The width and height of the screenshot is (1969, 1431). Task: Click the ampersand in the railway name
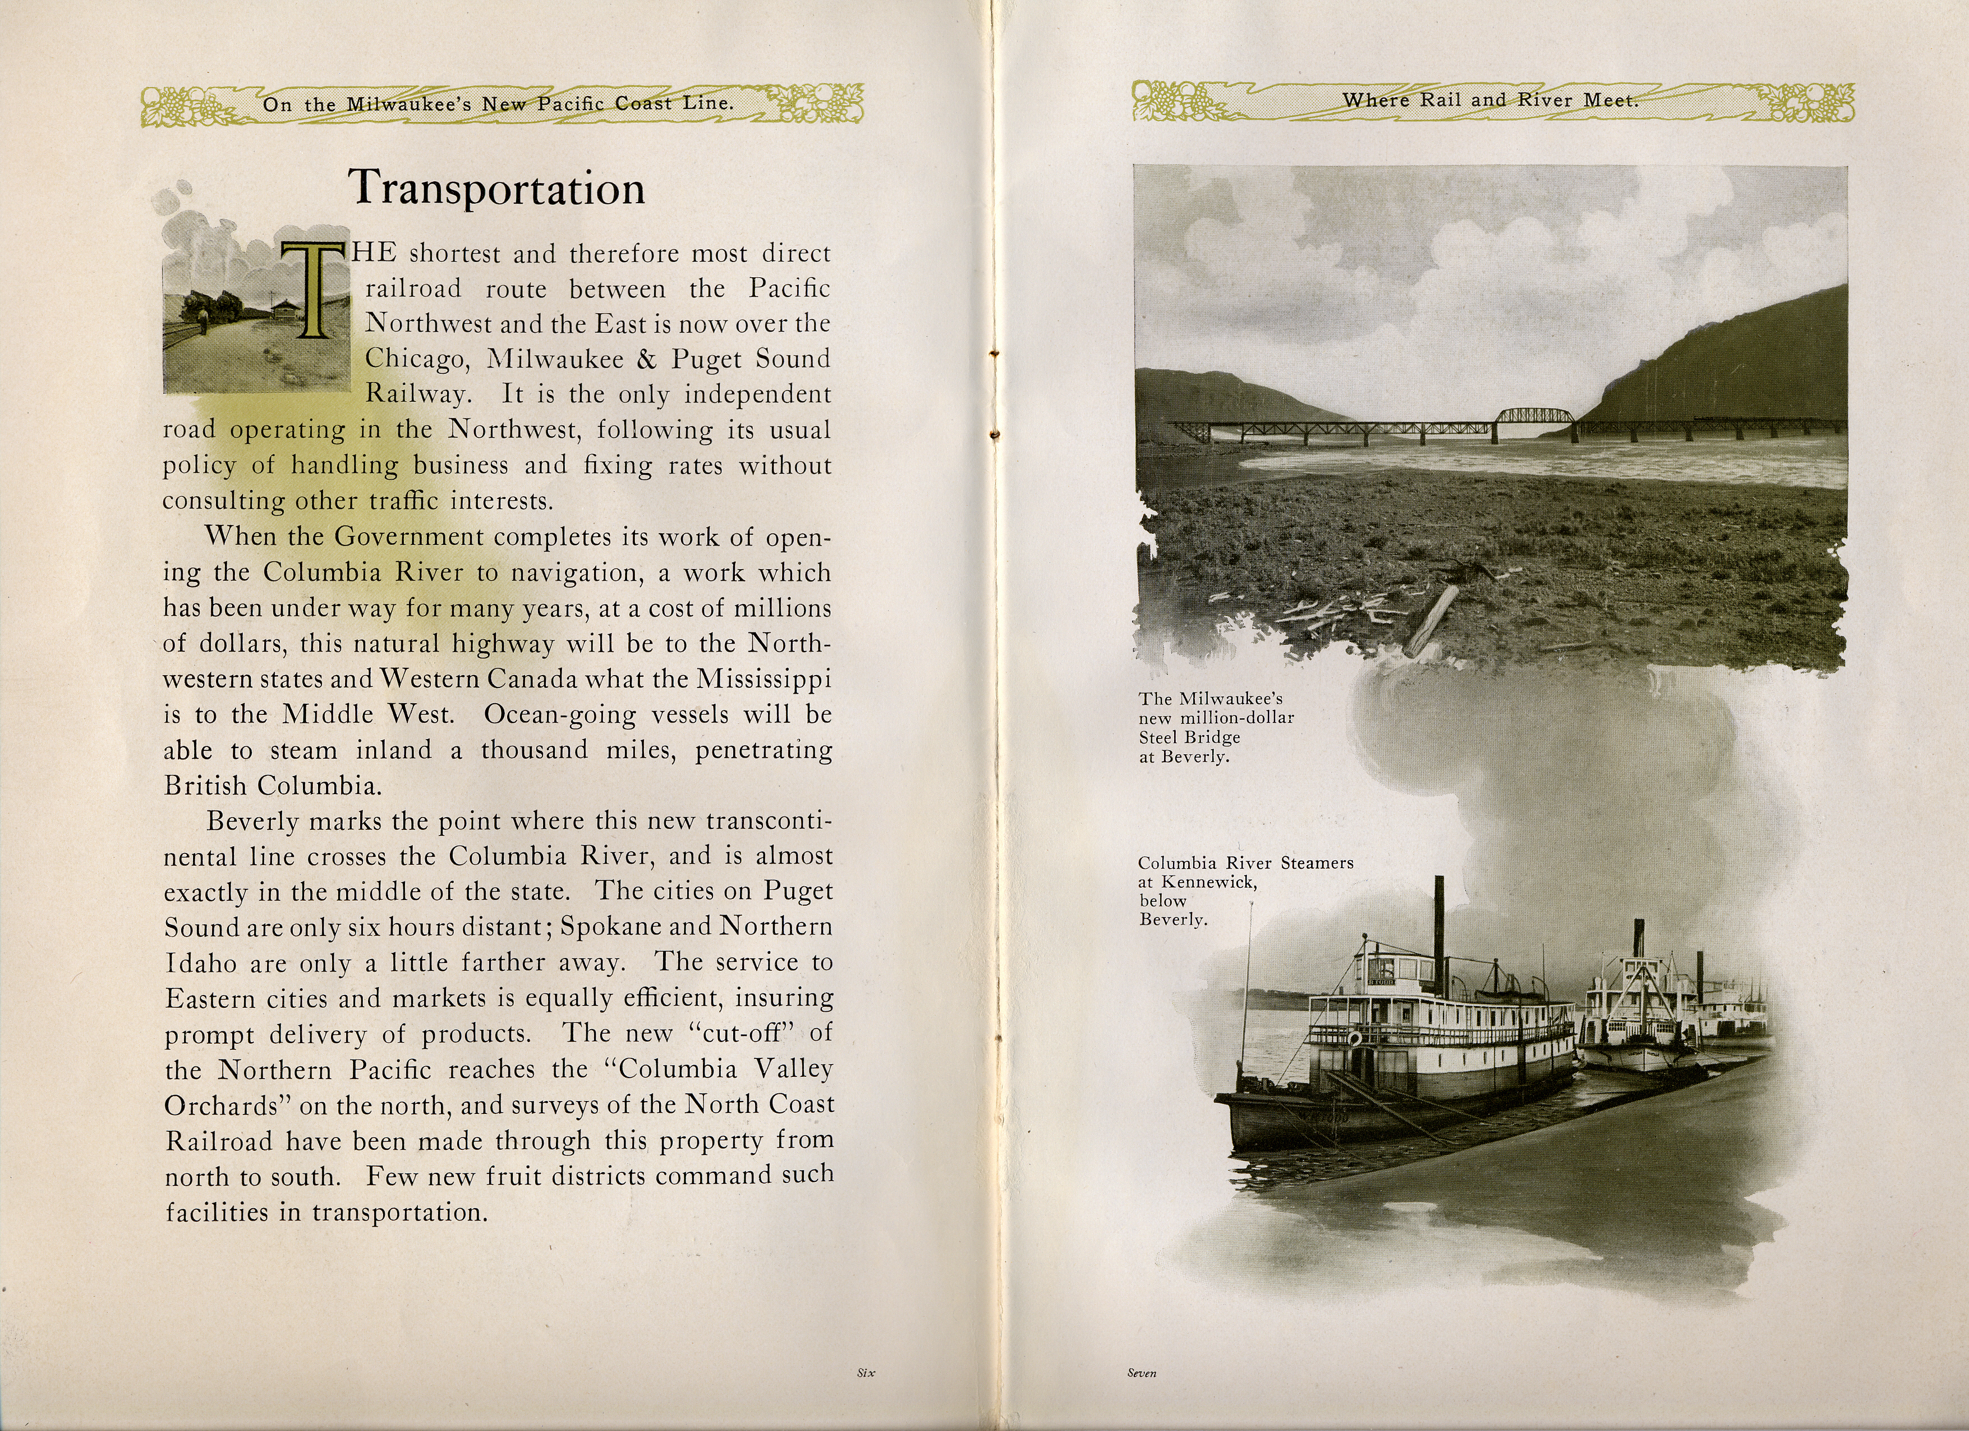pos(647,359)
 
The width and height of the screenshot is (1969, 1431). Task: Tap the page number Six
pos(866,1373)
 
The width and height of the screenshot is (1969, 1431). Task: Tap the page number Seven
pos(1142,1373)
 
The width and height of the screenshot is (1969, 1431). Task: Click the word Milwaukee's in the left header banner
pos(409,104)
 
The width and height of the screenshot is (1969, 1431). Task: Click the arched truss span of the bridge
pos(1535,418)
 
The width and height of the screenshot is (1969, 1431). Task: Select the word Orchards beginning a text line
pos(220,1106)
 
